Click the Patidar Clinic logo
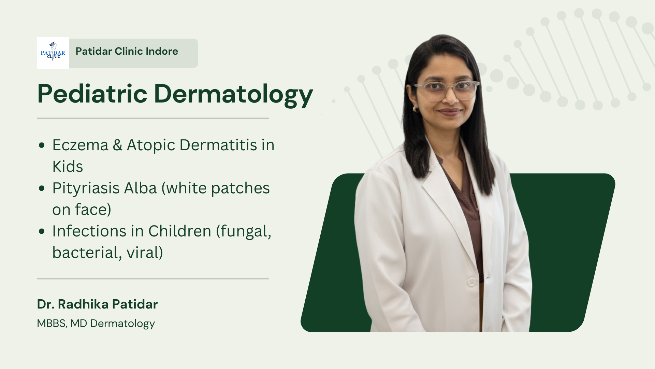(x=53, y=53)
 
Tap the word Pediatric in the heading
(x=92, y=94)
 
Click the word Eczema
(x=80, y=145)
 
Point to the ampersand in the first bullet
(x=117, y=145)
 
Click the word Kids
(x=68, y=166)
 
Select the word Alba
(x=140, y=188)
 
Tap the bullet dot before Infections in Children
(x=42, y=231)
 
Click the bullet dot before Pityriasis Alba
(x=42, y=188)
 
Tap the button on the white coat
(x=472, y=282)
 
